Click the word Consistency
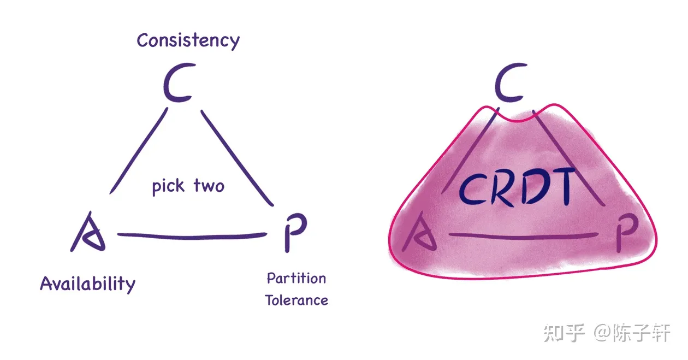coord(188,40)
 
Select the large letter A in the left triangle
coord(88,233)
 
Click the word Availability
coord(87,284)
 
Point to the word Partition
coord(296,279)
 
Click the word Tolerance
coord(296,300)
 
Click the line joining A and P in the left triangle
coord(191,237)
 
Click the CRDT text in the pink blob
coord(516,187)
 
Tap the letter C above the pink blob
coord(510,85)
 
